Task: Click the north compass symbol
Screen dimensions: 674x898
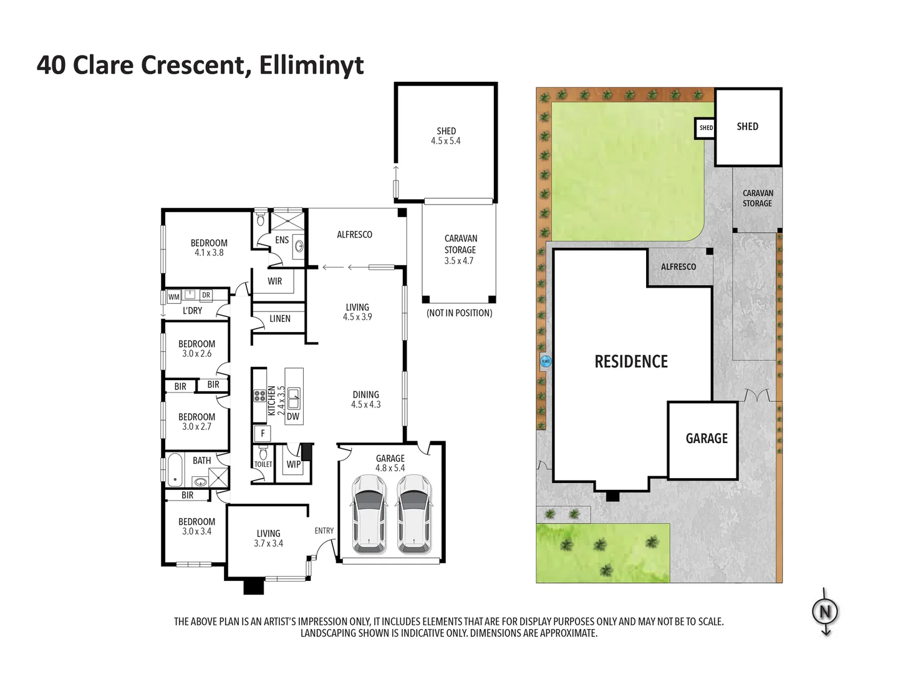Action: [825, 612]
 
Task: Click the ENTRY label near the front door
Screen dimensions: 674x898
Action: [324, 530]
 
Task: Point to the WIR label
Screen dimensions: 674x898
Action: [274, 281]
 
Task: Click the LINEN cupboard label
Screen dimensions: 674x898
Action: [280, 318]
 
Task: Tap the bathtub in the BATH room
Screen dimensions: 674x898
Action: [175, 470]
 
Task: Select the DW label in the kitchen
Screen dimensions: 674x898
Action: [293, 416]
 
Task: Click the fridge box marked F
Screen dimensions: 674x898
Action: [263, 433]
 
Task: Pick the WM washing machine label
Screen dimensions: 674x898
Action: [173, 296]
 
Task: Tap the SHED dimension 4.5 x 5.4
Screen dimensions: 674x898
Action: [445, 141]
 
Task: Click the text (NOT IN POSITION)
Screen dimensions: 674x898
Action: [459, 313]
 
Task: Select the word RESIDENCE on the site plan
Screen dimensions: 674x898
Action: [631, 362]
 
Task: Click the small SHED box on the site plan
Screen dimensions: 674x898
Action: [705, 128]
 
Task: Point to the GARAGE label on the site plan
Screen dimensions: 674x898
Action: [707, 439]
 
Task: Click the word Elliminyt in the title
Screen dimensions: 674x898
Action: [311, 65]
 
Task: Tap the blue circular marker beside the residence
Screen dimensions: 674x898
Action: [546, 361]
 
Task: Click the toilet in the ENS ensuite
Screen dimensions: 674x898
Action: [261, 220]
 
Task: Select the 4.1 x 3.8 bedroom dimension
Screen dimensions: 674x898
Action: [209, 253]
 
